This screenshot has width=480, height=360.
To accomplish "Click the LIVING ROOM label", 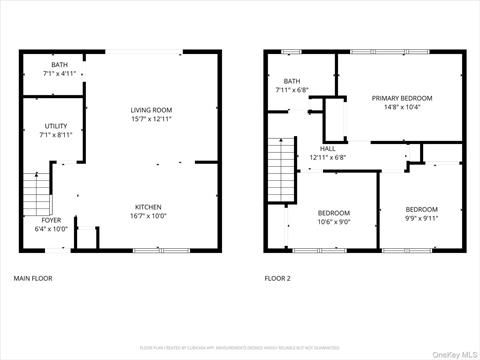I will (x=152, y=110).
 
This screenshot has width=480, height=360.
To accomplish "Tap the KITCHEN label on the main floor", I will (x=148, y=207).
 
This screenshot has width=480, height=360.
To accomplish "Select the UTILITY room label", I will (x=56, y=126).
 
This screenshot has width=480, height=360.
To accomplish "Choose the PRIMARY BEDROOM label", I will (x=402, y=98).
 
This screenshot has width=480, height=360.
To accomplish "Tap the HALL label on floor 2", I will (x=327, y=149).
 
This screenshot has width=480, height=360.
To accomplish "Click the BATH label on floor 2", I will (x=292, y=82).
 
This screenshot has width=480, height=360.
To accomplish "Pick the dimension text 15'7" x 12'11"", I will (x=152, y=119).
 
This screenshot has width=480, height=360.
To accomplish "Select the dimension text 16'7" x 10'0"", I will (x=148, y=216).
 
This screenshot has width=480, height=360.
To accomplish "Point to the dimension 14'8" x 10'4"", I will (x=402, y=107).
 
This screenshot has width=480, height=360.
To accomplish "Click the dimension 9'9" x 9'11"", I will (x=421, y=218).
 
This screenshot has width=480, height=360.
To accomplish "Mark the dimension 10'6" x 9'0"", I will (x=334, y=222).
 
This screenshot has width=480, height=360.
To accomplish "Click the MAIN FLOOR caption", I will (x=32, y=278).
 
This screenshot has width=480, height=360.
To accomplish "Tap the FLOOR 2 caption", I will (x=277, y=278).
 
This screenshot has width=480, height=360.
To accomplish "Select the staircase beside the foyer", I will (x=36, y=190).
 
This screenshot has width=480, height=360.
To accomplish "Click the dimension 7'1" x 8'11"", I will (x=56, y=135).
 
